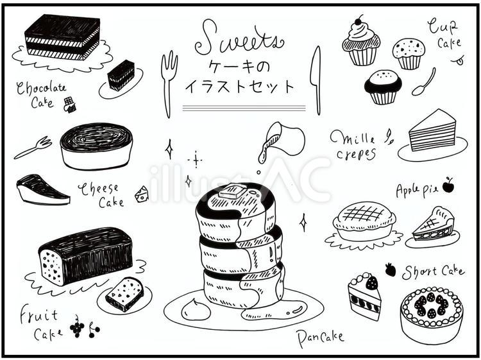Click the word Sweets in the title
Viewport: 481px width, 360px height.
click(239, 39)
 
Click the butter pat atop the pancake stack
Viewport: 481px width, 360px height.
click(228, 191)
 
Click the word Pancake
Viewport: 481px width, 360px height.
click(321, 336)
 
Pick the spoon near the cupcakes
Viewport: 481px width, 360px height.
click(424, 82)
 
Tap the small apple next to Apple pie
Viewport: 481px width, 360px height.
click(448, 185)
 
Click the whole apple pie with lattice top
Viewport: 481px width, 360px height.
click(364, 221)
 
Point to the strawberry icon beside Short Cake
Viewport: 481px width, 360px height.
click(390, 269)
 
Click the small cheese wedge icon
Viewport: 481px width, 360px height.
click(141, 193)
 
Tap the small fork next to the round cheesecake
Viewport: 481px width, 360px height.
click(33, 148)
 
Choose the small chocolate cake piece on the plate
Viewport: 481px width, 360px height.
click(121, 75)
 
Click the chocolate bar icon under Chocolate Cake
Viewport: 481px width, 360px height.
click(70, 105)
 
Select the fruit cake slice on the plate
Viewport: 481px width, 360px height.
click(124, 294)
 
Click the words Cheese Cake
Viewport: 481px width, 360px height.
click(101, 195)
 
